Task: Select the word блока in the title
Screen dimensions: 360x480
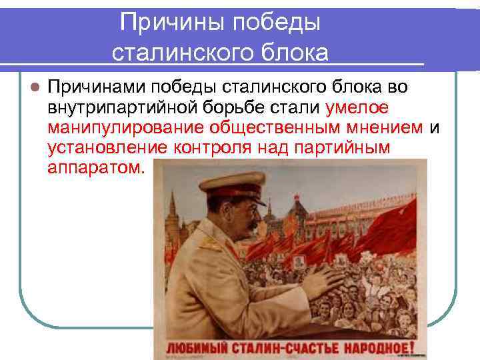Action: [293, 53]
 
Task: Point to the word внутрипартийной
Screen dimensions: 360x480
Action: [117, 108]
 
